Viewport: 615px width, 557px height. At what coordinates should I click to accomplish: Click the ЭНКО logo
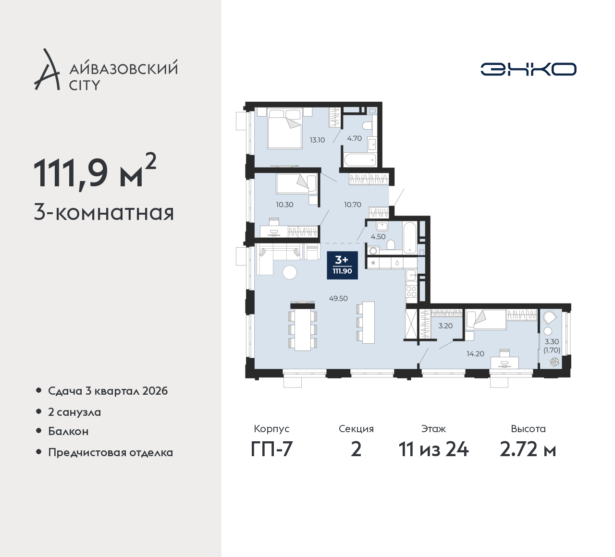click(528, 69)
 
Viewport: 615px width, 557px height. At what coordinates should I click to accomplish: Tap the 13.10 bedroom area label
click(317, 140)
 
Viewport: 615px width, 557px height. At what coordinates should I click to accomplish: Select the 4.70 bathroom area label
click(355, 138)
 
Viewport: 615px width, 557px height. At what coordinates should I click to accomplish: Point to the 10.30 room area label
click(285, 205)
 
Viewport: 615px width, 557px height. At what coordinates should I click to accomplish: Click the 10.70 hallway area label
click(353, 205)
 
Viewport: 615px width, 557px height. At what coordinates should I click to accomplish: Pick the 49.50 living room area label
click(338, 298)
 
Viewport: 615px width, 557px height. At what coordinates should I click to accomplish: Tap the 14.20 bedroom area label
click(476, 353)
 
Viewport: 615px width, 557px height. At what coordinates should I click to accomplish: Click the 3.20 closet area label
click(445, 326)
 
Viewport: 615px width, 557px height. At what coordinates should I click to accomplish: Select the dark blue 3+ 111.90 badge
click(343, 265)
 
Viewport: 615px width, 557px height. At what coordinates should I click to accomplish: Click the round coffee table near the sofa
click(290, 272)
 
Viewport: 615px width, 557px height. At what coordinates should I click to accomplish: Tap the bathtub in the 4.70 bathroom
click(360, 159)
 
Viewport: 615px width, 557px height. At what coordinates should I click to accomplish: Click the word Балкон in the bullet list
click(68, 431)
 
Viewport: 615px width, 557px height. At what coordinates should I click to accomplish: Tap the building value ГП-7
click(272, 449)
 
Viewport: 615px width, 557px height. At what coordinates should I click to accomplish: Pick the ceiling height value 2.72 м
click(528, 449)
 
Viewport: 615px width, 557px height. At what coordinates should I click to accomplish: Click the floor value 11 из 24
click(433, 449)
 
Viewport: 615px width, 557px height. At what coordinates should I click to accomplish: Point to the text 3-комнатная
click(104, 213)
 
